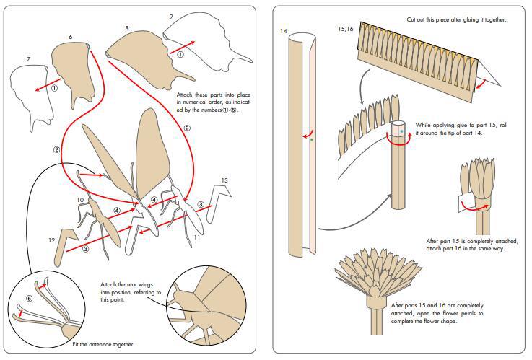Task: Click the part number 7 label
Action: coord(28,58)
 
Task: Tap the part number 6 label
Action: coord(70,36)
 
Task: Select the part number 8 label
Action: coord(127,28)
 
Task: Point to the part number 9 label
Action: coord(170,16)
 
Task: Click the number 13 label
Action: coord(224,180)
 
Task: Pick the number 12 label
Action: coord(51,240)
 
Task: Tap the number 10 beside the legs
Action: coord(80,199)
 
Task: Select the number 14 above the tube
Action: coord(284,31)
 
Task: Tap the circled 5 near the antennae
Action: coord(29,298)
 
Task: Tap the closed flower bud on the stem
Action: coord(477,177)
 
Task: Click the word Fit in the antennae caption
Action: coord(77,345)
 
